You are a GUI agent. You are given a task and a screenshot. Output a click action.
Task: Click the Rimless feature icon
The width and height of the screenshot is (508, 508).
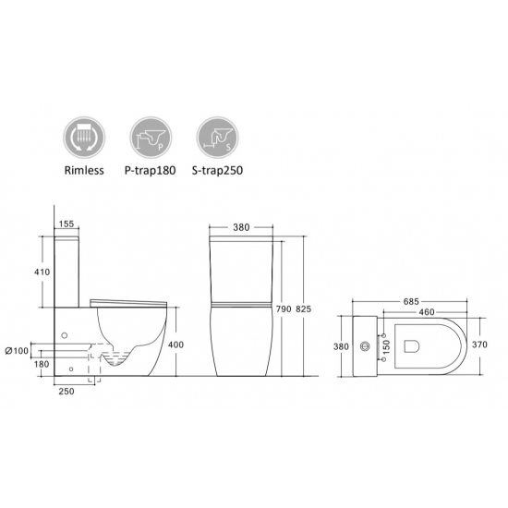[x=84, y=138]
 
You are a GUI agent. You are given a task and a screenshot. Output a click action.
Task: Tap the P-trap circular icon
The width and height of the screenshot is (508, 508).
[x=151, y=138]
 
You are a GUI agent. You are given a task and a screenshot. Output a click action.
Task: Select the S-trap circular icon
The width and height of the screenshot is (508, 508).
[x=218, y=138]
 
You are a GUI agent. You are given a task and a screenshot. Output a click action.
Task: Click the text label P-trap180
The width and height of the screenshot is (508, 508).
[x=150, y=171]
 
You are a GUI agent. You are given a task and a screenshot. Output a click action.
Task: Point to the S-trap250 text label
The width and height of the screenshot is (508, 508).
[x=217, y=171]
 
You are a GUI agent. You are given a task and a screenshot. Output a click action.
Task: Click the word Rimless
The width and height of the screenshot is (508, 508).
[x=84, y=171]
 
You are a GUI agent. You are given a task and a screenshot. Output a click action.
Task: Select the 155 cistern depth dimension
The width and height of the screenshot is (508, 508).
[x=67, y=224]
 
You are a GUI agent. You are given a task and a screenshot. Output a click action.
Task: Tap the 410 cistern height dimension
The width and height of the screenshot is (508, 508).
[x=42, y=272]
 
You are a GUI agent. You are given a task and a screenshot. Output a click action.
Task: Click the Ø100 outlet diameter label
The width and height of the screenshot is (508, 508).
[x=17, y=350]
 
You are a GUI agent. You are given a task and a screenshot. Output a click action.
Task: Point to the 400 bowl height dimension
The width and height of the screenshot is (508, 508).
[x=175, y=345]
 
